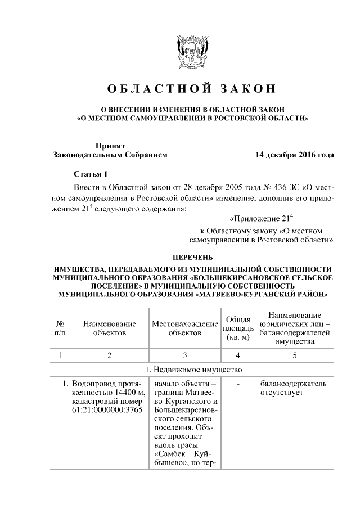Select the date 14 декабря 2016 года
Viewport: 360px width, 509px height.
coord(294,154)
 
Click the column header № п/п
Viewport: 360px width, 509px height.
coord(60,328)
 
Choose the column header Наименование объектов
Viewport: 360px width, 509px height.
coord(110,328)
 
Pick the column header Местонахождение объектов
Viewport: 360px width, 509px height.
coord(185,328)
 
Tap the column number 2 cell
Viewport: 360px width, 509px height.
coord(110,355)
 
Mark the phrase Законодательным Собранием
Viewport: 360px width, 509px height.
coord(110,154)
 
